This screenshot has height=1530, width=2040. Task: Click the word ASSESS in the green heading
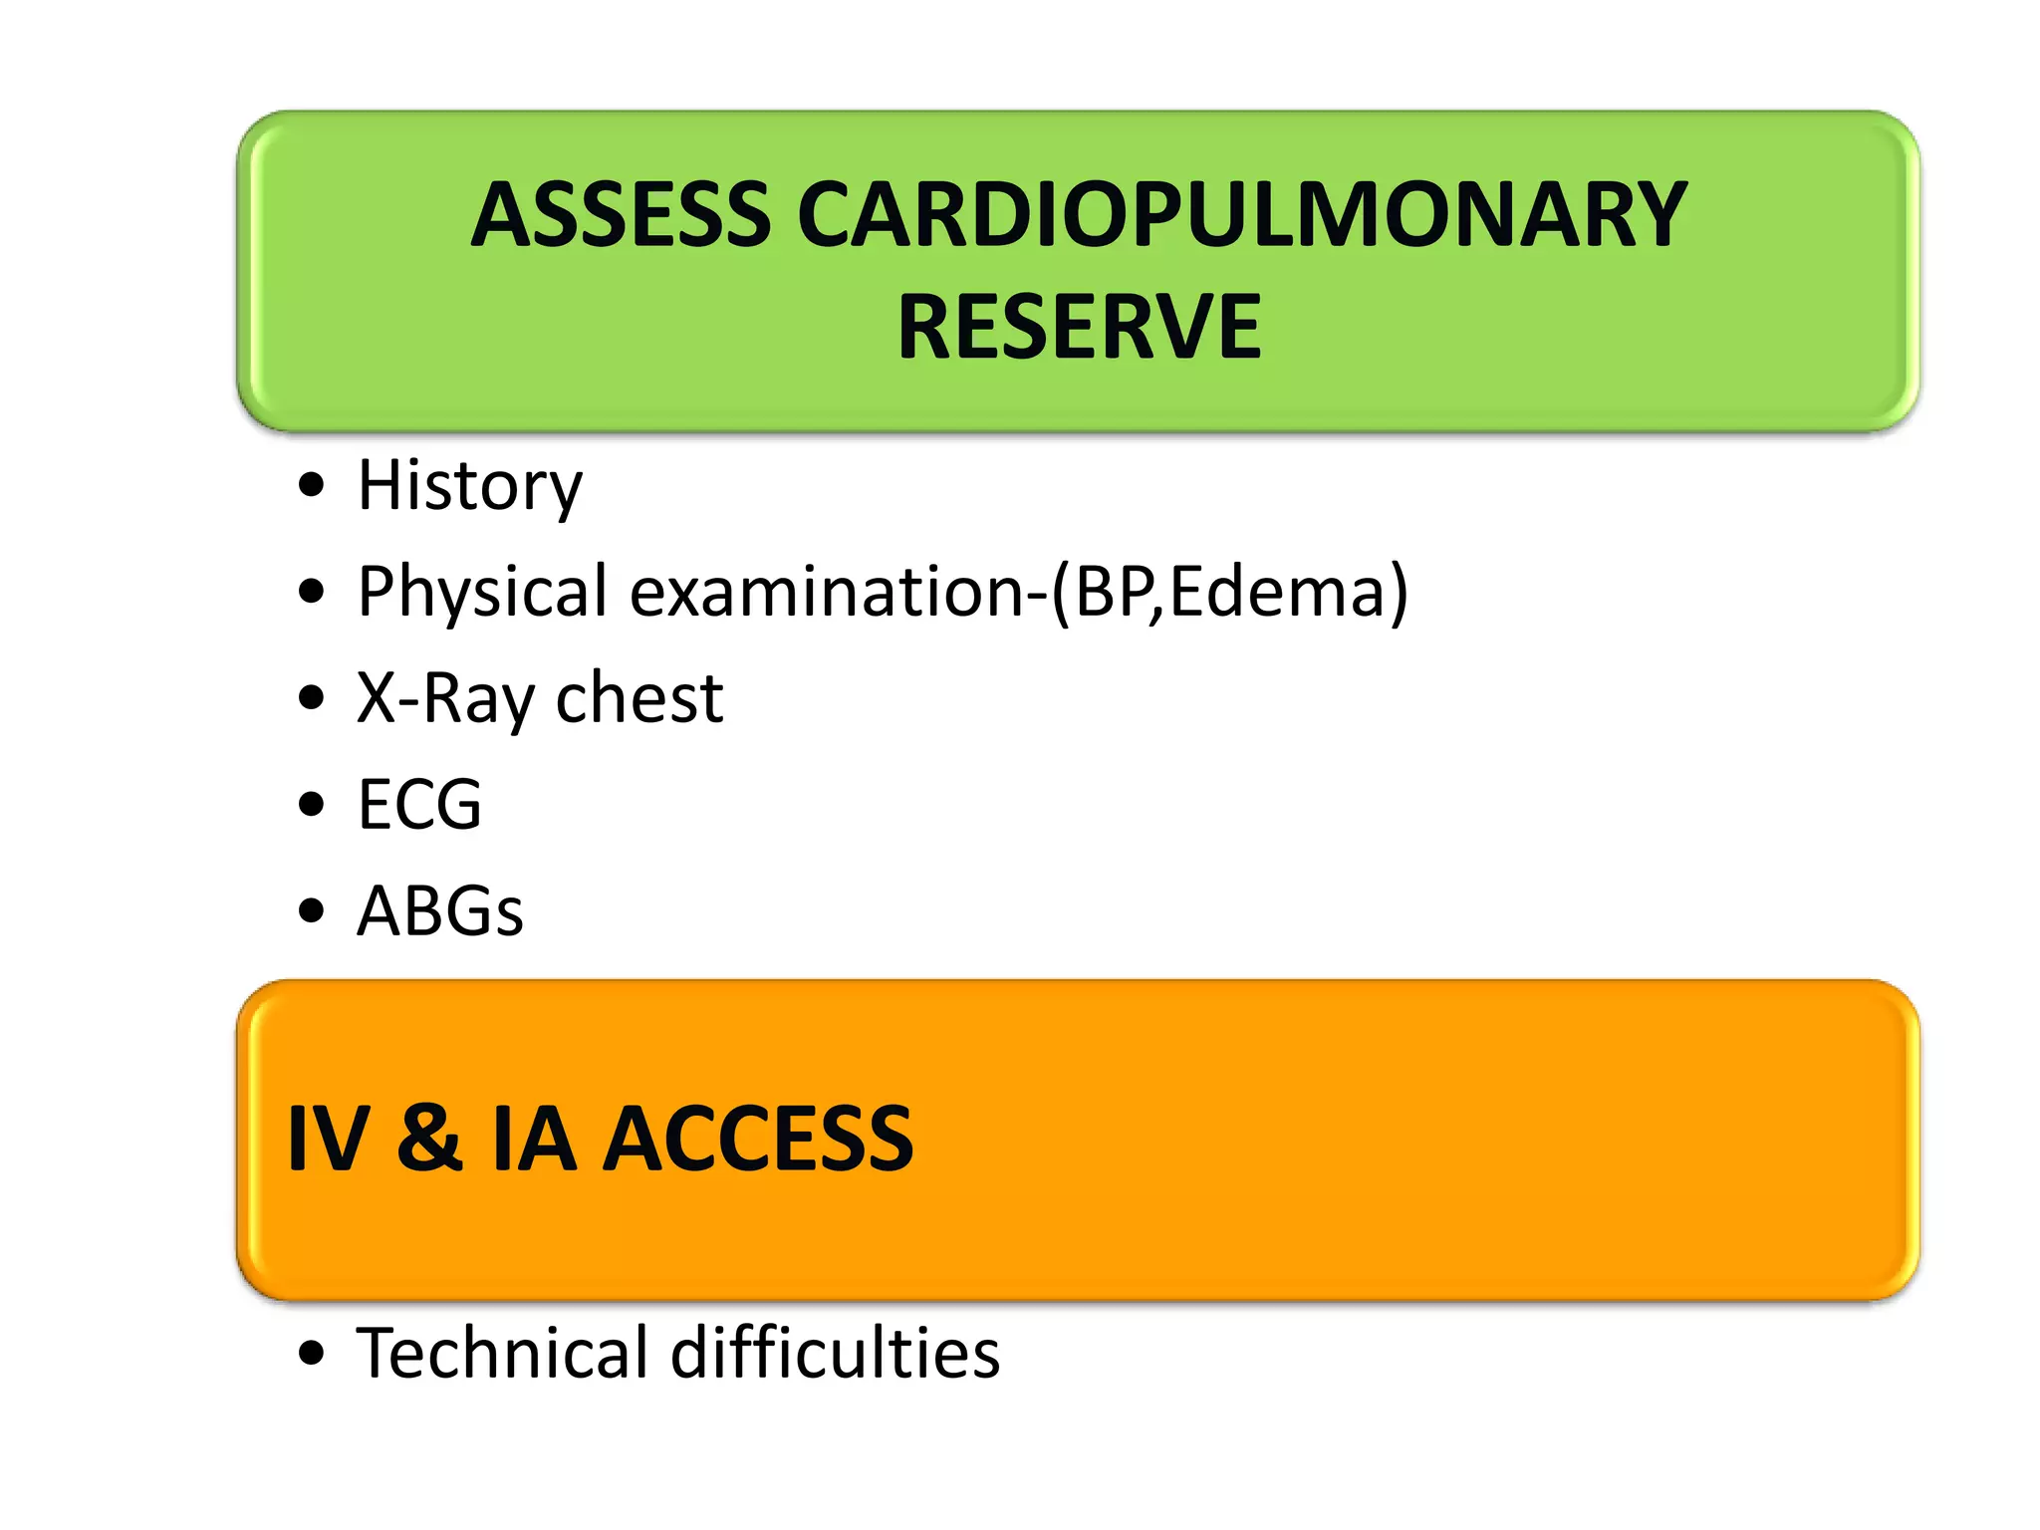(x=621, y=215)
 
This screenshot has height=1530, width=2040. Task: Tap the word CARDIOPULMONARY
(x=1241, y=215)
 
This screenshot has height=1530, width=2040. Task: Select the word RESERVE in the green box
(x=1079, y=327)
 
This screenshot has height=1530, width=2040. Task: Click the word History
(x=469, y=486)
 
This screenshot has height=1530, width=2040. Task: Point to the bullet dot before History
(x=312, y=485)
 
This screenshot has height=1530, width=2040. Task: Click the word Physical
(x=482, y=592)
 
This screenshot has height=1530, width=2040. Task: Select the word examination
(x=827, y=592)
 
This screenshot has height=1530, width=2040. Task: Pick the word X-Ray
(x=445, y=698)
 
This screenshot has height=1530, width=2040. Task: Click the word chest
(x=638, y=698)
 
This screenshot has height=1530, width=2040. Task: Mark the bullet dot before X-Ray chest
(x=312, y=697)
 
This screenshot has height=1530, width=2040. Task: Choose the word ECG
(x=419, y=805)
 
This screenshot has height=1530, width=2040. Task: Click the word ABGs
(x=439, y=911)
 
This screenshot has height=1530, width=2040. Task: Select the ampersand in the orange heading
(x=429, y=1139)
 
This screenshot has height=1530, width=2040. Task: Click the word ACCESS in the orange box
(x=759, y=1139)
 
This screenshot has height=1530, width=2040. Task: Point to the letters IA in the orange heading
(x=534, y=1139)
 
